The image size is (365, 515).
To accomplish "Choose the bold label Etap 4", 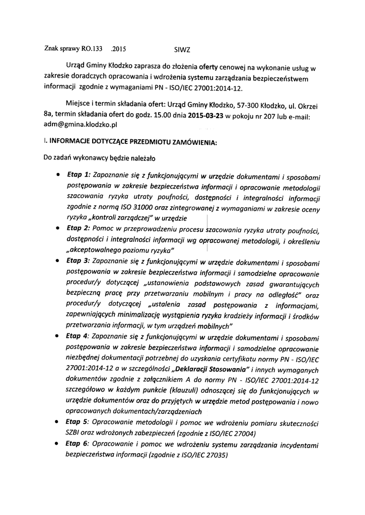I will click(78, 336).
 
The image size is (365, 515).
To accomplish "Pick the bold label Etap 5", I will click(78, 422).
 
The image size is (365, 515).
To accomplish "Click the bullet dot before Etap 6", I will click(60, 444).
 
